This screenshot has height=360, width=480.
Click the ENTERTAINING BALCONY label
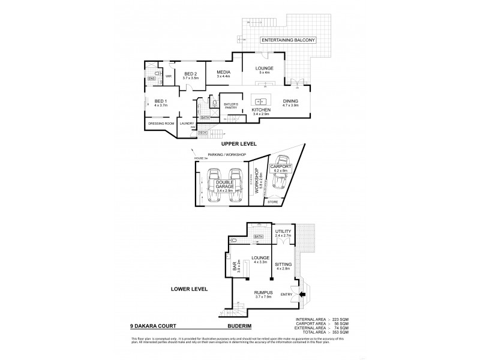coord(287,40)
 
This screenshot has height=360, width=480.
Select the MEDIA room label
coord(223,73)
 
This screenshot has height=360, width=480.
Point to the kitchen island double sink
coord(262,101)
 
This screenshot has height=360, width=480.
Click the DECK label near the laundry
coord(202,132)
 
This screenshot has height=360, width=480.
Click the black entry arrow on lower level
coord(302,295)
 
